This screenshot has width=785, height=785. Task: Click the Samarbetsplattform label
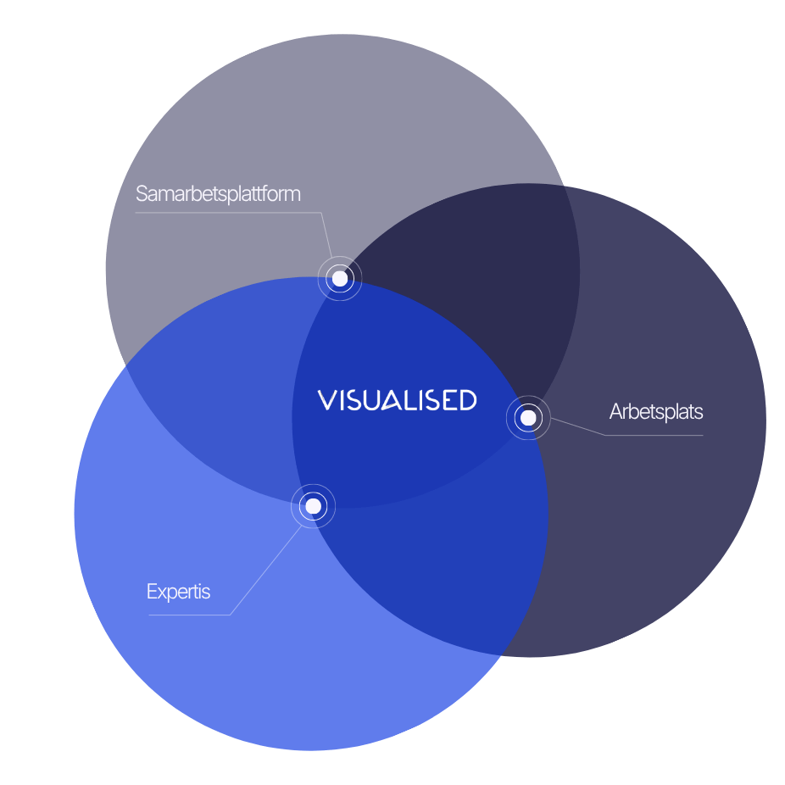click(218, 194)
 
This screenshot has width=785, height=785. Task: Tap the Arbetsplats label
click(656, 412)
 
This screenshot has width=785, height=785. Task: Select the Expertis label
click(178, 592)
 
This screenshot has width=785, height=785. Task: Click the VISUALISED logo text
click(397, 400)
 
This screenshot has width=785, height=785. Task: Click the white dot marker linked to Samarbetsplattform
click(340, 278)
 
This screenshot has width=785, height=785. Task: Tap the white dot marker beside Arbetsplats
click(528, 418)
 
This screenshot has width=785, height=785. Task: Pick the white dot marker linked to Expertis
click(313, 506)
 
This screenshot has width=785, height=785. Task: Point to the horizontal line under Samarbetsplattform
click(228, 213)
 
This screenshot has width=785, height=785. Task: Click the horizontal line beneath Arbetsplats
click(654, 435)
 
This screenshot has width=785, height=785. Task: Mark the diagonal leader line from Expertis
click(266, 570)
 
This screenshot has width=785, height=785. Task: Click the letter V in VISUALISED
click(327, 400)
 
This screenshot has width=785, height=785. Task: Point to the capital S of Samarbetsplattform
click(142, 194)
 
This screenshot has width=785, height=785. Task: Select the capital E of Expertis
click(151, 592)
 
